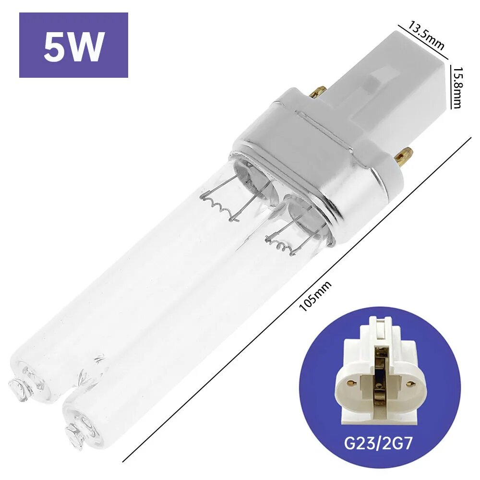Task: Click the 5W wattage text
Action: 73,46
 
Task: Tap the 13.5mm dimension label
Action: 426,35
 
